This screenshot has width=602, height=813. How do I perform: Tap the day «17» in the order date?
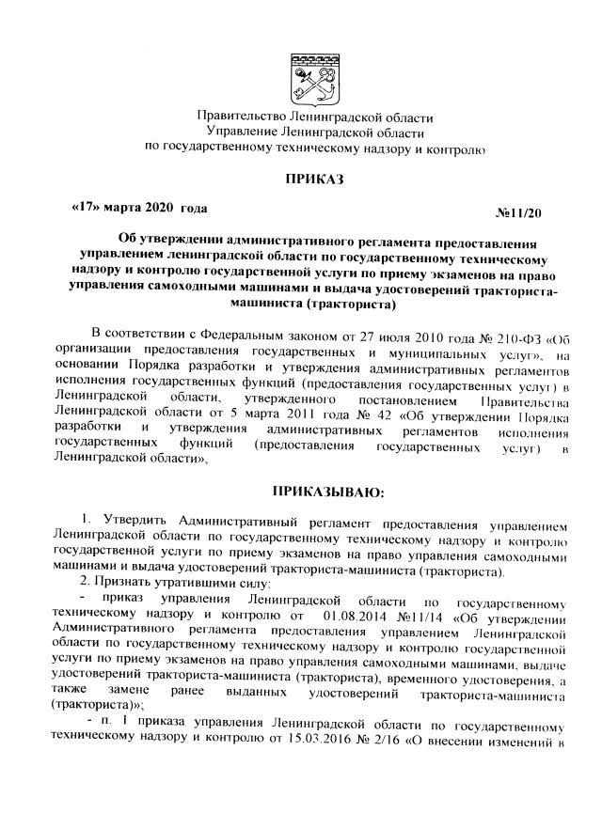point(87,206)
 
